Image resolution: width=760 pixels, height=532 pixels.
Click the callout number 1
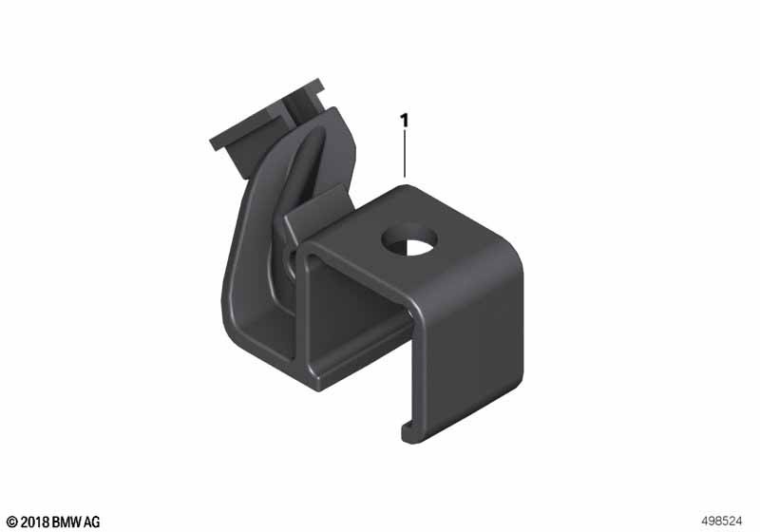pos(405,122)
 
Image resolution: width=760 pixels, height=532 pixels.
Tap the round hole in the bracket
pos(409,239)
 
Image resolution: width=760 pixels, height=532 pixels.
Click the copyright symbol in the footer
pos(12,522)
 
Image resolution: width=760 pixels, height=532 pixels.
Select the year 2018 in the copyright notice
pos(34,522)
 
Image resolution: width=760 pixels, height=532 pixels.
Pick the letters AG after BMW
pos(92,522)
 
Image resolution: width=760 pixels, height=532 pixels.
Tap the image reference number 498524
pos(722,522)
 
